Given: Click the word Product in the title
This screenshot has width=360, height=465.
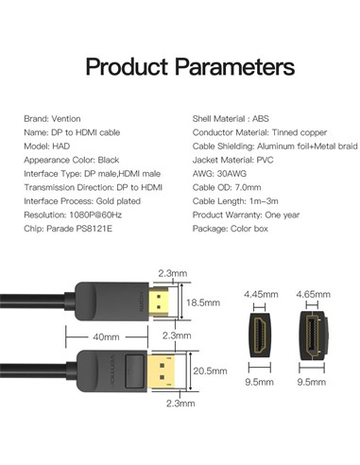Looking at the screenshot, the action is point(127,67).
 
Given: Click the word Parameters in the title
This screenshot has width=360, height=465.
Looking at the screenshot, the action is point(235,67).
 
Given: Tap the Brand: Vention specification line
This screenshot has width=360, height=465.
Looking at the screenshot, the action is point(52,119).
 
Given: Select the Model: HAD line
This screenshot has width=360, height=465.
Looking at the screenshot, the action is point(47,146).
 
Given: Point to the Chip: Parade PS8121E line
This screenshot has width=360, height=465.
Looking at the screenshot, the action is point(68,229).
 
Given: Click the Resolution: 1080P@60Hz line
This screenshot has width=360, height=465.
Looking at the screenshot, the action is point(73,215).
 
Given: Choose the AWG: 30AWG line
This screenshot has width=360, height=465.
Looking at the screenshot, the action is point(219,174).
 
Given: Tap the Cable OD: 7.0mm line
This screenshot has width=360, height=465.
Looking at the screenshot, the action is point(227,187).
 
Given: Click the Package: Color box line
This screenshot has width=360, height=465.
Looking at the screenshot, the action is point(231,229).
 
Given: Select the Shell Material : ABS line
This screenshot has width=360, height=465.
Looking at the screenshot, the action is point(231,119).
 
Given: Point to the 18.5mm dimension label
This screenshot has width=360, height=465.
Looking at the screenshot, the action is point(203,302).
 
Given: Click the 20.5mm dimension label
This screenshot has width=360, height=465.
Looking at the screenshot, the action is point(210,370).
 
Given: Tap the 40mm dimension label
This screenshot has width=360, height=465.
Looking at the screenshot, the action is point(106,337).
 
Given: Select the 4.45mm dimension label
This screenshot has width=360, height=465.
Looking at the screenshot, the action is point(261,294).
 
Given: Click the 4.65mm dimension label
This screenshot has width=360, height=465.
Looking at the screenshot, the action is point(313,294).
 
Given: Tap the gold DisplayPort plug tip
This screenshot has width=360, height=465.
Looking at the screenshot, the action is point(162,371).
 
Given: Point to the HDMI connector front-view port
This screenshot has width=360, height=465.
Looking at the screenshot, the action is point(260,336).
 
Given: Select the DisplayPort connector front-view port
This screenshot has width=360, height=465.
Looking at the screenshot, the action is point(313,336).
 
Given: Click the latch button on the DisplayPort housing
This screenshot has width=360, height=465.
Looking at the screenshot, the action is point(135,371).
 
